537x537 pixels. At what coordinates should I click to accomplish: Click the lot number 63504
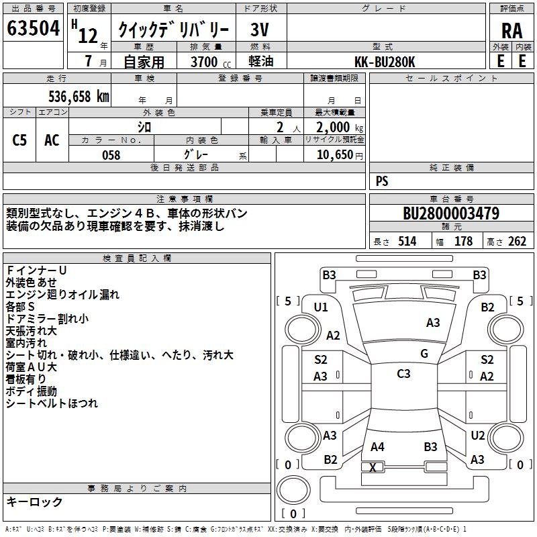(x=33, y=28)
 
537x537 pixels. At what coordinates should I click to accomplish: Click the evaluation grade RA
(x=512, y=31)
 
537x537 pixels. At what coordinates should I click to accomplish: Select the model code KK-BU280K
(x=385, y=62)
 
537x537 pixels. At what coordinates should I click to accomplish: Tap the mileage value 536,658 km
(x=79, y=97)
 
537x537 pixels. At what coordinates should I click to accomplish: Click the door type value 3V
(x=260, y=30)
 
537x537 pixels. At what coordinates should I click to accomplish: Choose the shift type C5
(x=19, y=140)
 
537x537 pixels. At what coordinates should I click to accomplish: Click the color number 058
(x=111, y=155)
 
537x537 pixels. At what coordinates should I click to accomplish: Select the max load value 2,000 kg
(x=340, y=128)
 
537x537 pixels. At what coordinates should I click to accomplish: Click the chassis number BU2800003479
(x=451, y=213)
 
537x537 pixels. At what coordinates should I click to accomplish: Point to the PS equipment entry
(x=382, y=181)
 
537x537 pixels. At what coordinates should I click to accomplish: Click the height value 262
(x=517, y=242)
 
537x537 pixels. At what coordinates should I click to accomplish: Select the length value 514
(x=407, y=242)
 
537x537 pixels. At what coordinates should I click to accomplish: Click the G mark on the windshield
(x=424, y=353)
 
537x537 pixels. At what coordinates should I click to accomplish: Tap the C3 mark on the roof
(x=403, y=374)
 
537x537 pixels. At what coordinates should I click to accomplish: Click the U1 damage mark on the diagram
(x=321, y=307)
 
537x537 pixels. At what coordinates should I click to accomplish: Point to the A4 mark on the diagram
(x=377, y=447)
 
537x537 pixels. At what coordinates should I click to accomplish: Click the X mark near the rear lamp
(x=373, y=467)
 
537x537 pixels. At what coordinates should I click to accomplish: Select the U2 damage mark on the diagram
(x=478, y=436)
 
